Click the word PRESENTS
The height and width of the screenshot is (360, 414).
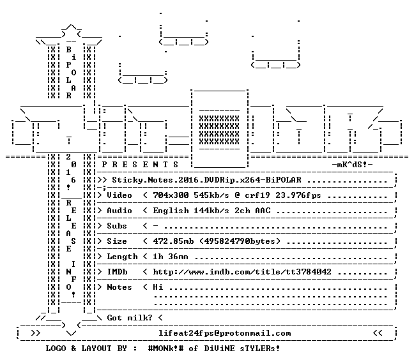(x=140, y=165)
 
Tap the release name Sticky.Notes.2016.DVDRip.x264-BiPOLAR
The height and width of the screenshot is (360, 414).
(x=207, y=180)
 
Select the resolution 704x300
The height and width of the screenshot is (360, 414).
(x=171, y=195)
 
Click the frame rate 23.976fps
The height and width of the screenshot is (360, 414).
(x=298, y=195)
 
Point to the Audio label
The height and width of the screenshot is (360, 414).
(x=119, y=211)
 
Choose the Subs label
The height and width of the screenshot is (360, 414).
(x=117, y=226)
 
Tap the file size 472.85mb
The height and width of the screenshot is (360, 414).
(x=173, y=241)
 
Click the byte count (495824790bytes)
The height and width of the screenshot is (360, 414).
(x=240, y=241)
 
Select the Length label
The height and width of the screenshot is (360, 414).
(x=122, y=257)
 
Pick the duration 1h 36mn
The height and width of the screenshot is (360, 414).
(x=171, y=257)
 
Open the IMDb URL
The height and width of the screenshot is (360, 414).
(x=242, y=272)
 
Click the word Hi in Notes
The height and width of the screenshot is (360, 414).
(x=158, y=287)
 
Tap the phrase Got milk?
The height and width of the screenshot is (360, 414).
(x=130, y=317)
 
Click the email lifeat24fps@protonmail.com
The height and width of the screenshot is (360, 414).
(x=225, y=333)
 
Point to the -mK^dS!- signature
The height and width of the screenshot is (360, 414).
(x=352, y=165)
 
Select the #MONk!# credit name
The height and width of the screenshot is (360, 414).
(x=166, y=348)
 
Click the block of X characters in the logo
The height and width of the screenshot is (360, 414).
(x=219, y=130)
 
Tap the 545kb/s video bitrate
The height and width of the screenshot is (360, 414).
(x=211, y=195)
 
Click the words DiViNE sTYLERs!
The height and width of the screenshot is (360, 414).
(x=242, y=348)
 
